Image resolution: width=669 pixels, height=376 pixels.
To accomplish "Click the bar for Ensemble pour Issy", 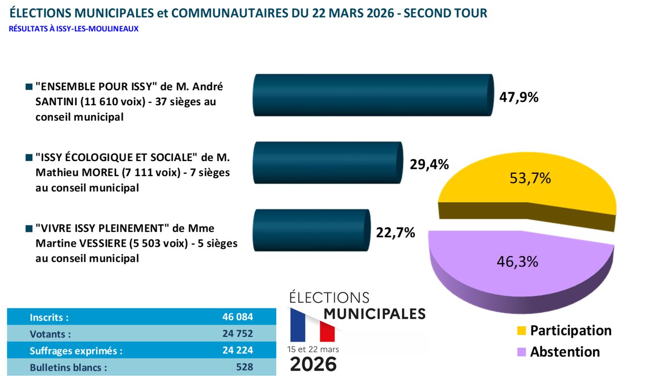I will point(372,95).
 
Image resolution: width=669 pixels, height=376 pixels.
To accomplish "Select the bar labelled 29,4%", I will point(327,163).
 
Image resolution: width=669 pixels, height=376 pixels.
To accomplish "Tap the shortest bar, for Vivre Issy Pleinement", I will point(311,230).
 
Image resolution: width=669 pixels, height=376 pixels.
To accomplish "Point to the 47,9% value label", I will point(519,97).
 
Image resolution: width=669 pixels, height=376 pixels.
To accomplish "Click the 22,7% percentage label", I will point(395,232).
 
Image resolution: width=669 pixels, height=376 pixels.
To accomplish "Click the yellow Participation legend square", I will point(521,331).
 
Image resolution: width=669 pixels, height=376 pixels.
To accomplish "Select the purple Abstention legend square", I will point(521,352).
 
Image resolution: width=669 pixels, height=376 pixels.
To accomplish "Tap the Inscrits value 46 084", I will point(238,317).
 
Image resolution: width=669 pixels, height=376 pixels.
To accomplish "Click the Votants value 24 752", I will point(238,334).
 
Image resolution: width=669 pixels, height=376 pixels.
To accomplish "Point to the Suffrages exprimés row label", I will point(76,351).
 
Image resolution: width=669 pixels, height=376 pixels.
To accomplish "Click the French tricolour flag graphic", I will point(312,325).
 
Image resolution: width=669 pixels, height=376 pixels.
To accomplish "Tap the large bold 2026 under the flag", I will point(313,364).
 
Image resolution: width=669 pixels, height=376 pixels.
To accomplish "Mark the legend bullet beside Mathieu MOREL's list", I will point(29,158).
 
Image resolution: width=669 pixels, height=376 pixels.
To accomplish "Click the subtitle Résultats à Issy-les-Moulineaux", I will point(73,29).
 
